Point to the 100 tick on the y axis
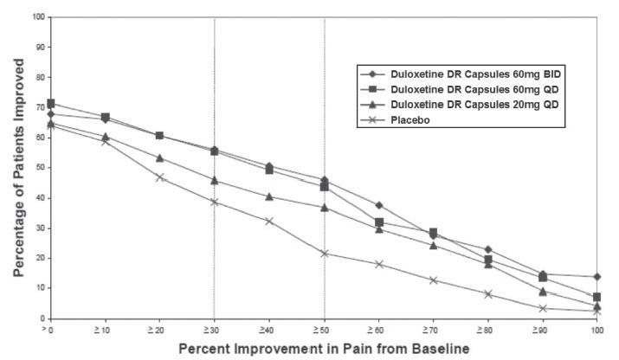[37, 17]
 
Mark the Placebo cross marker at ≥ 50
[325, 254]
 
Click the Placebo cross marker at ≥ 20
[160, 177]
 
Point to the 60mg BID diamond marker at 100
[597, 277]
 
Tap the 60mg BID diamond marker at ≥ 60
[379, 205]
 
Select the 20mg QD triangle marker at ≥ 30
[215, 180]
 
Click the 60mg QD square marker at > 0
[51, 104]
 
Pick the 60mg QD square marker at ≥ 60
[379, 222]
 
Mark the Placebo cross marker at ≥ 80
[488, 294]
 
